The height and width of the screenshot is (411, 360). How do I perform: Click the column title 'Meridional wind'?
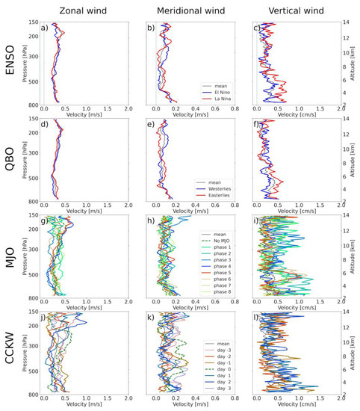187,10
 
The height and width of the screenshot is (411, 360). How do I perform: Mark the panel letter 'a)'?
46,28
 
